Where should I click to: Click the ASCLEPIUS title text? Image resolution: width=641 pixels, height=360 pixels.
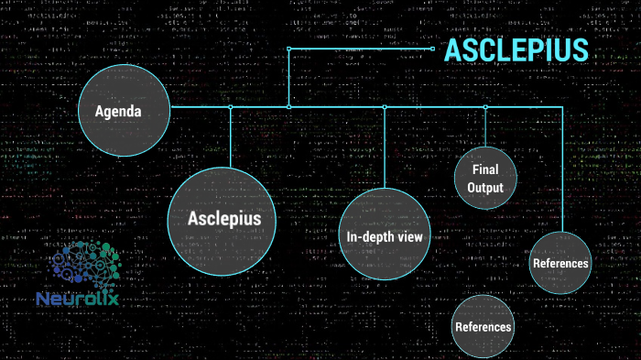tap(516, 49)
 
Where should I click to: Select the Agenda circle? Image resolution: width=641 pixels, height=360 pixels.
tap(124, 112)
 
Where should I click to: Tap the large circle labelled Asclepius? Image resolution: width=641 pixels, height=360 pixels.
tap(224, 220)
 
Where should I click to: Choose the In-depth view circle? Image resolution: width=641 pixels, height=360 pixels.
tap(384, 236)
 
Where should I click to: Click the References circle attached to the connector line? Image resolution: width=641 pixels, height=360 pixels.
tap(560, 264)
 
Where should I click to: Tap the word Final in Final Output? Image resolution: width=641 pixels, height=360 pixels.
tap(485, 170)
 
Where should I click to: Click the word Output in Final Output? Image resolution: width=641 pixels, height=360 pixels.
tap(485, 188)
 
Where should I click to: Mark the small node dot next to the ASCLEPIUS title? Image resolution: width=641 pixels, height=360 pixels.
tap(432, 49)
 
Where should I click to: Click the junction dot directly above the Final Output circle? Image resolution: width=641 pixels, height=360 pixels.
tap(485, 107)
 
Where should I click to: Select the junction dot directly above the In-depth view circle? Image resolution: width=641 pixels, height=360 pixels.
tap(385, 107)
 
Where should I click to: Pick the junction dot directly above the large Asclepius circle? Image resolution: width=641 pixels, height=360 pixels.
tap(231, 107)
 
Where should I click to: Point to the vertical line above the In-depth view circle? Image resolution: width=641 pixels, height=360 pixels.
tap(385, 147)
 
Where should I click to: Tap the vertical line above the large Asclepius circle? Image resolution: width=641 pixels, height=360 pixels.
tap(231, 137)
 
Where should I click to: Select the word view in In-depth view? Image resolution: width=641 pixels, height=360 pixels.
tap(407, 237)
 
